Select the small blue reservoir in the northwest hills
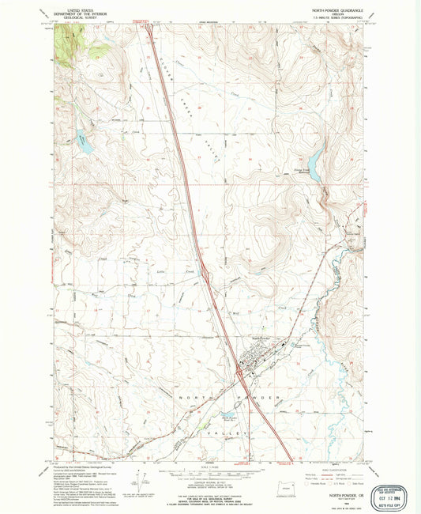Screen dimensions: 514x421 coord(84,146)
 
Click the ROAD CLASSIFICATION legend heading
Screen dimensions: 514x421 coord(334,467)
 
